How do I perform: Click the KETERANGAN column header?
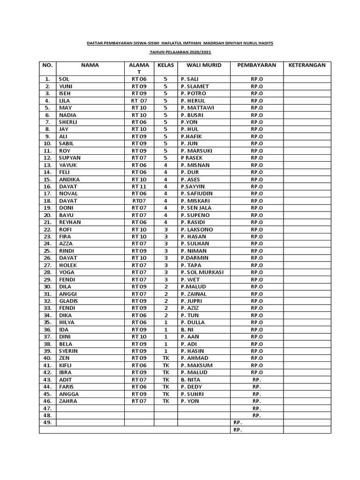coord(307,65)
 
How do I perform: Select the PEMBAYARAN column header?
coord(256,65)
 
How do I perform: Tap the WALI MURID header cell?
coord(203,65)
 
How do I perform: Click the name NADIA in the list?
coord(67,115)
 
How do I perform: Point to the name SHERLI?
coord(68,122)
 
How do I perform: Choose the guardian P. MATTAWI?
coord(197,108)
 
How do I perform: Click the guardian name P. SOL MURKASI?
coord(202,272)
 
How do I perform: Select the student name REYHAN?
coord(69,222)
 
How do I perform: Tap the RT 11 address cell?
coord(139,187)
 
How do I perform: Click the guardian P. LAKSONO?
coord(196,230)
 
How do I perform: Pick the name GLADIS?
coord(68,301)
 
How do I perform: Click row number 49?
coord(47,422)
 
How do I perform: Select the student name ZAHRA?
coord(68,401)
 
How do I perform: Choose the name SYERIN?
coord(68,351)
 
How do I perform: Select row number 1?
coord(47,79)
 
